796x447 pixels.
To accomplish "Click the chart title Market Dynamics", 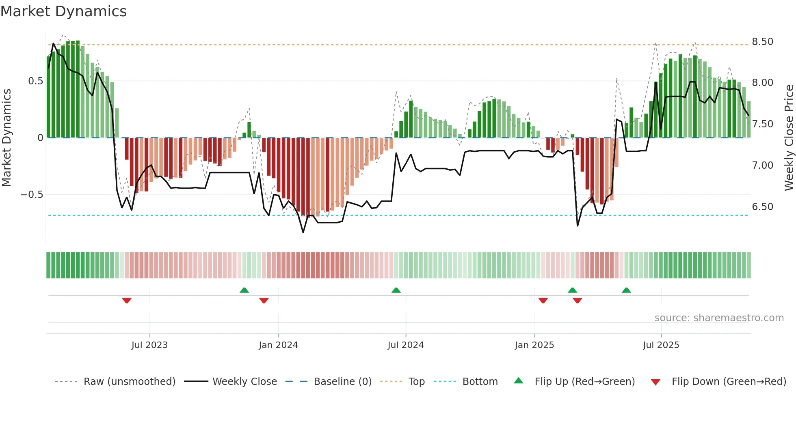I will pos(64,11).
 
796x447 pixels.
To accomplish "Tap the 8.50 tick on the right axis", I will pos(762,42).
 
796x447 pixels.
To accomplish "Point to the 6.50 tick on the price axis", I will pos(762,207).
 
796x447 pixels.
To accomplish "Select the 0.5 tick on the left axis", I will pos(35,81).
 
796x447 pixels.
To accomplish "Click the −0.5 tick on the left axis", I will pos(32,195).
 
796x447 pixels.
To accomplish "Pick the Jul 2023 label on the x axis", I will pos(149,345).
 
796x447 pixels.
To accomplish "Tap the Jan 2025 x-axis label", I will pos(534,345).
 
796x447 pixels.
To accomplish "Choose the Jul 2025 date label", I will pos(661,345).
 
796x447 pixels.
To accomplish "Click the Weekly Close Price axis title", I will pos(789,138).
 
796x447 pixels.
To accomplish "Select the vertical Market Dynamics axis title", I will pos(6,138).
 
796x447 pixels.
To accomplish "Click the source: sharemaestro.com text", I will pos(719,318).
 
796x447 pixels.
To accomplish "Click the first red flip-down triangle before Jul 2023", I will pos(127,301).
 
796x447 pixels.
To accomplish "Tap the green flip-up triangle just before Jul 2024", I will pos(396,290).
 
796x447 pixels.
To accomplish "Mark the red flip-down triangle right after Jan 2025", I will pos(543,301).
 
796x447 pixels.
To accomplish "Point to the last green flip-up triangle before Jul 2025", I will pos(626,290).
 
